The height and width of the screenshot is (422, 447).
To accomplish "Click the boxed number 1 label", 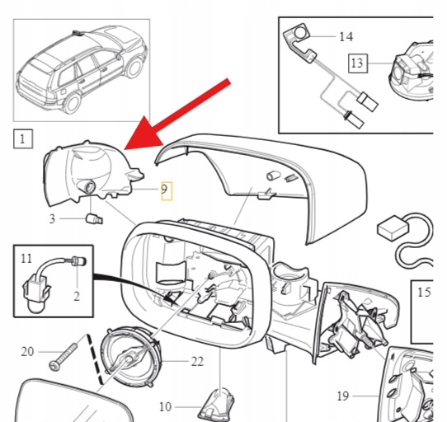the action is pyautogui.click(x=23, y=138).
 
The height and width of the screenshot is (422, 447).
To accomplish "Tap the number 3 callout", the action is pyautogui.click(x=52, y=219).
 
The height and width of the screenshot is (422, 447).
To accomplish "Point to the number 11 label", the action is pyautogui.click(x=26, y=259).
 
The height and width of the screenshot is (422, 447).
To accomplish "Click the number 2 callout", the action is pyautogui.click(x=77, y=297).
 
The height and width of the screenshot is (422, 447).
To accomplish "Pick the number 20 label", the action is pyautogui.click(x=27, y=352).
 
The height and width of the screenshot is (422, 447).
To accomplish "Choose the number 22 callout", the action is pyautogui.click(x=197, y=362).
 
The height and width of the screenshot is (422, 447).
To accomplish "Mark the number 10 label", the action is pyautogui.click(x=165, y=406).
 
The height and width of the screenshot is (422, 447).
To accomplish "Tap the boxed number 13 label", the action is pyautogui.click(x=358, y=63).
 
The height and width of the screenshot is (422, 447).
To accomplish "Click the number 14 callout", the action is pyautogui.click(x=346, y=37).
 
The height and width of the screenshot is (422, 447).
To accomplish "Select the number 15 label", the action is pyautogui.click(x=424, y=292).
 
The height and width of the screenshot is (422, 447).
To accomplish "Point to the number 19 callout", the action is pyautogui.click(x=343, y=396).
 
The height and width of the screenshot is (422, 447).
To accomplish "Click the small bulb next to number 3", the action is pyautogui.click(x=94, y=219).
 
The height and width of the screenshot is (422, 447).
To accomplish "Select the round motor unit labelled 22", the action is pyautogui.click(x=131, y=358).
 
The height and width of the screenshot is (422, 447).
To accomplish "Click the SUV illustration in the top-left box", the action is pyautogui.click(x=82, y=70).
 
